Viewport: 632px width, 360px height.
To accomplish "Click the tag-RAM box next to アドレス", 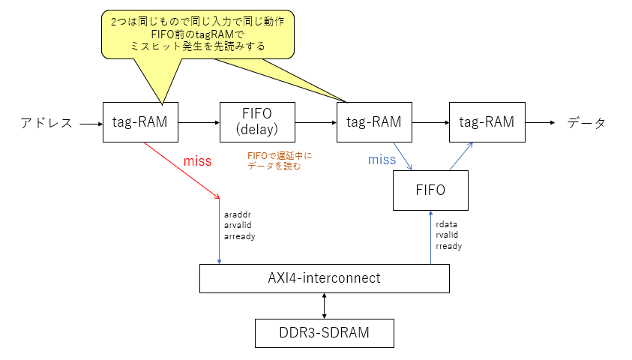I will click(x=140, y=121).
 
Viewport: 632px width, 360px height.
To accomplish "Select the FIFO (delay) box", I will click(x=257, y=121).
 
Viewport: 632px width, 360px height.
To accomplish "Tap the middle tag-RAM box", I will click(x=374, y=121).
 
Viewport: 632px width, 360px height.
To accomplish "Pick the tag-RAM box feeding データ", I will click(x=487, y=121).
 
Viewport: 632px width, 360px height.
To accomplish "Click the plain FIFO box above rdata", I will click(x=430, y=190).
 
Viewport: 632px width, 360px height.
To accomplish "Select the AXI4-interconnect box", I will click(x=324, y=278).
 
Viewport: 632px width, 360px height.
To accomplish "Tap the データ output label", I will click(x=586, y=123).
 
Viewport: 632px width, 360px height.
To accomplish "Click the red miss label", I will click(x=197, y=161).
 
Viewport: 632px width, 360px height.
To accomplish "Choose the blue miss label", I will click(x=382, y=160).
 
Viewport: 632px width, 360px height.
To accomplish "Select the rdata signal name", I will click(x=447, y=223).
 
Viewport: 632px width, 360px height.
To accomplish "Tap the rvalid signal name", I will click(x=448, y=235).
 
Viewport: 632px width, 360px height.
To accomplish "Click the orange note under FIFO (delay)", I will click(x=279, y=160).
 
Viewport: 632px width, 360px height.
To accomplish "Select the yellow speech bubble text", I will click(x=197, y=34).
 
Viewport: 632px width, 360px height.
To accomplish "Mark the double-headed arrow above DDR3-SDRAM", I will click(x=324, y=305).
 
